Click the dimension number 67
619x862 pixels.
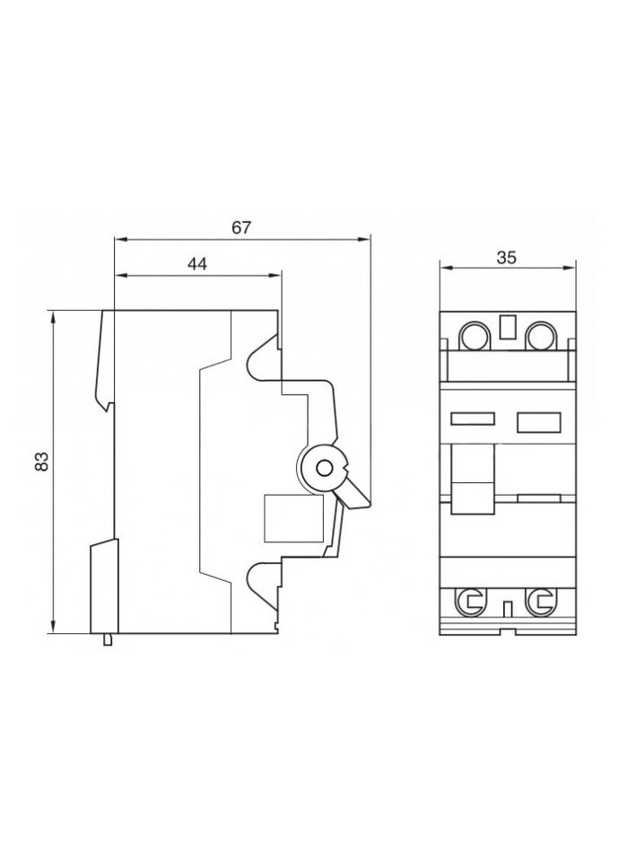coord(240,228)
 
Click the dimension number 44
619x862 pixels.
coord(197,263)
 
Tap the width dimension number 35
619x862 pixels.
coord(506,257)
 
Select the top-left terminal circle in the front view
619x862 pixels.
coord(475,338)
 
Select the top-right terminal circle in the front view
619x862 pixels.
coord(540,338)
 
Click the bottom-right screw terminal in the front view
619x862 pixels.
coord(540,602)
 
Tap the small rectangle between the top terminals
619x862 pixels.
coord(507,329)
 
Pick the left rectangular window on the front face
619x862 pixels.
coord(472,418)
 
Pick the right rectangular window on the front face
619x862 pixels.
coord(537,418)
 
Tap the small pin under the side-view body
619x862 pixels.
coord(109,639)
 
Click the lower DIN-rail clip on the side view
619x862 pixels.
coord(104,584)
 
